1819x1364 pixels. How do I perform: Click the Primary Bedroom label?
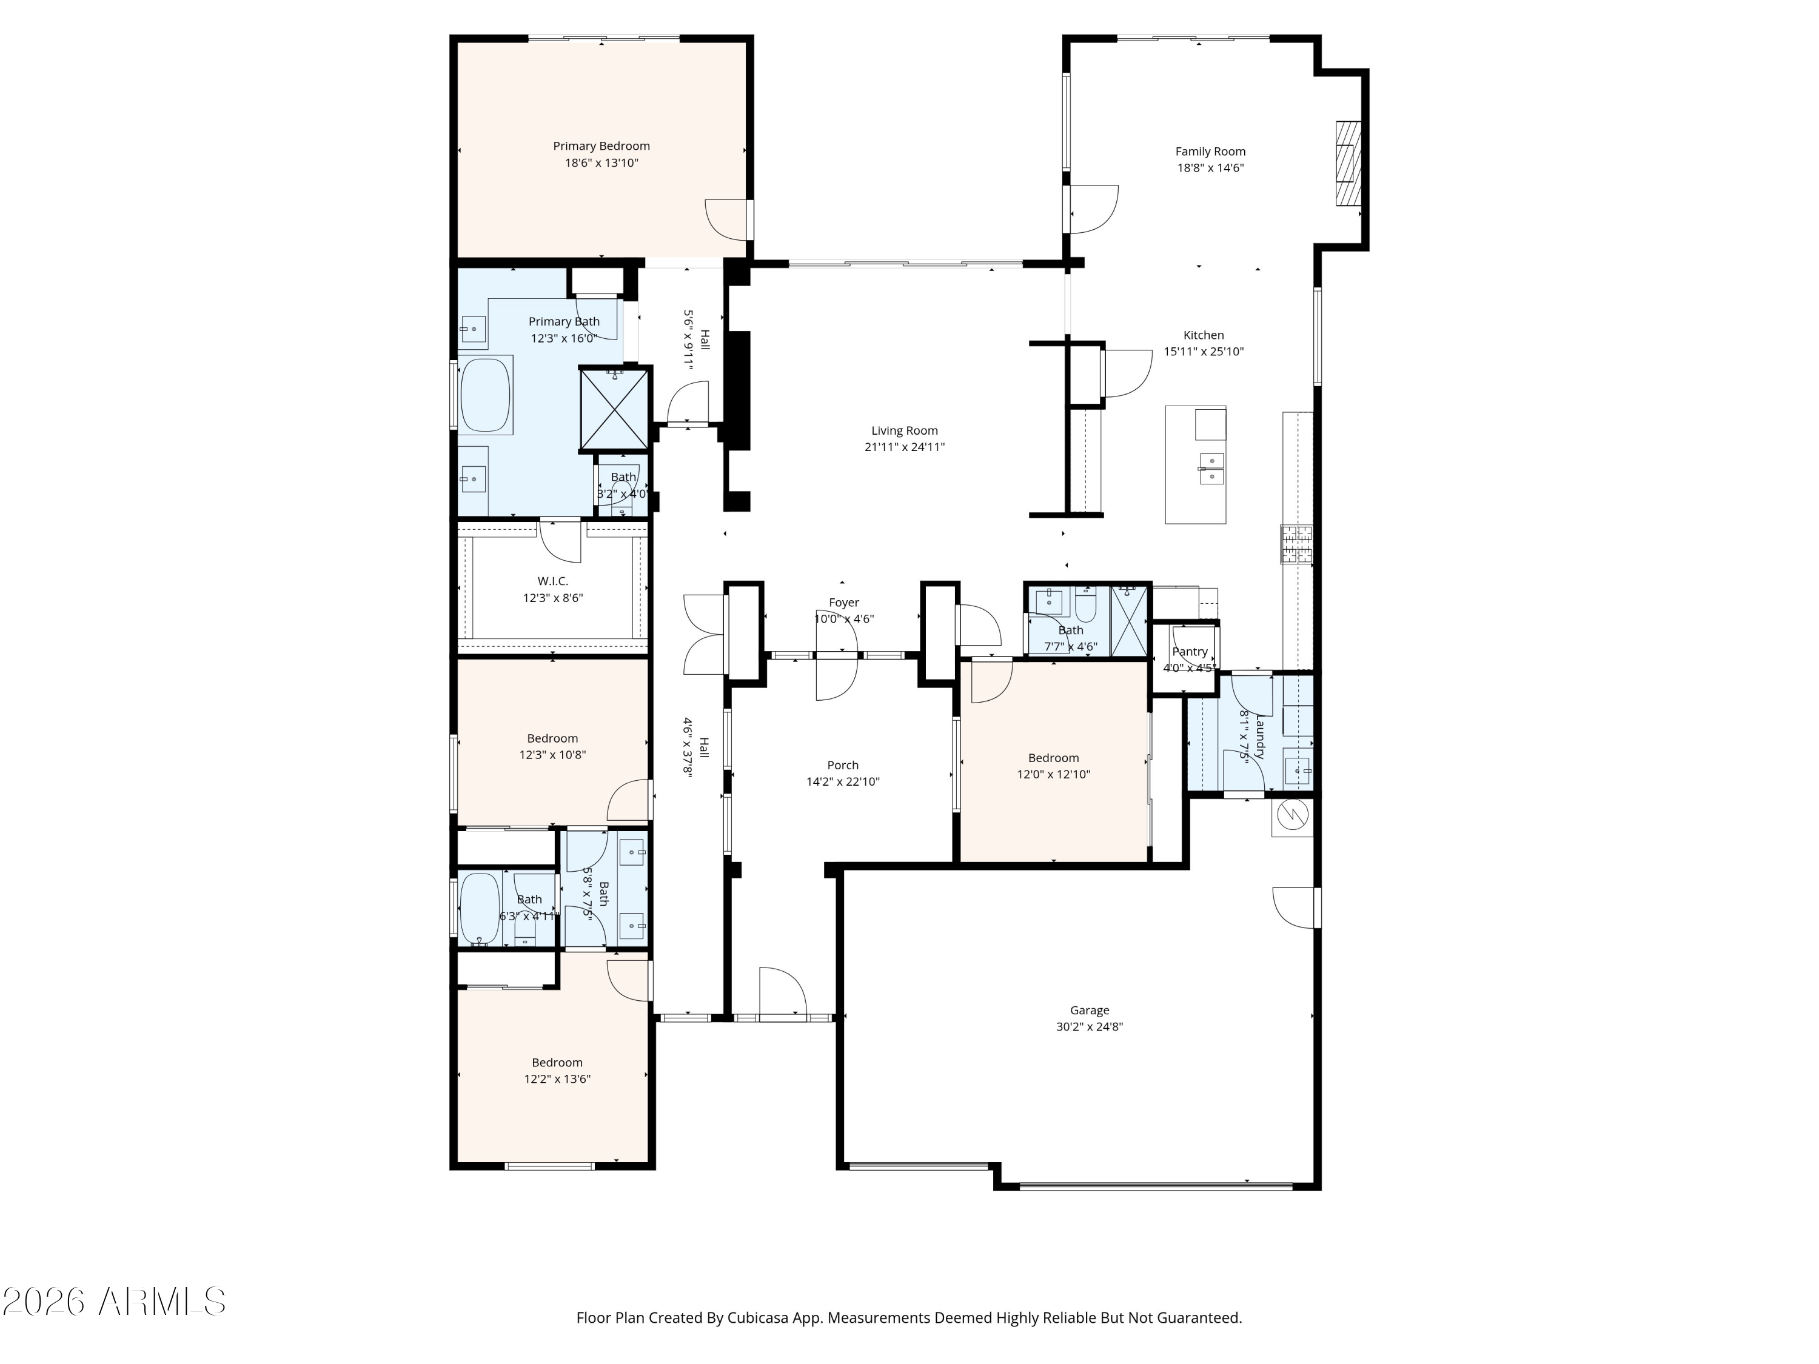pyautogui.click(x=601, y=146)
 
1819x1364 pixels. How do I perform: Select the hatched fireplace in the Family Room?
pyautogui.click(x=1348, y=164)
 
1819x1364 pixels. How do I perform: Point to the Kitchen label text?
pyautogui.click(x=1204, y=335)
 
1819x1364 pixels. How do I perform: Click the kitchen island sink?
pyautogui.click(x=1212, y=468)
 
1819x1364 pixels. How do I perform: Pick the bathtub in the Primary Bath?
pyautogui.click(x=486, y=395)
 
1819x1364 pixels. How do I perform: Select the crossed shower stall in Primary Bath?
pyautogui.click(x=614, y=409)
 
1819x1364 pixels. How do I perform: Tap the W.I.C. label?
pyautogui.click(x=552, y=581)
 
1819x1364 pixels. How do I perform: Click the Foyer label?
pyautogui.click(x=844, y=603)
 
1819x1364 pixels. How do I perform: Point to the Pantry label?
pyautogui.click(x=1190, y=652)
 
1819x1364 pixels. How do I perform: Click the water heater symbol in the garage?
pyautogui.click(x=1293, y=817)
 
